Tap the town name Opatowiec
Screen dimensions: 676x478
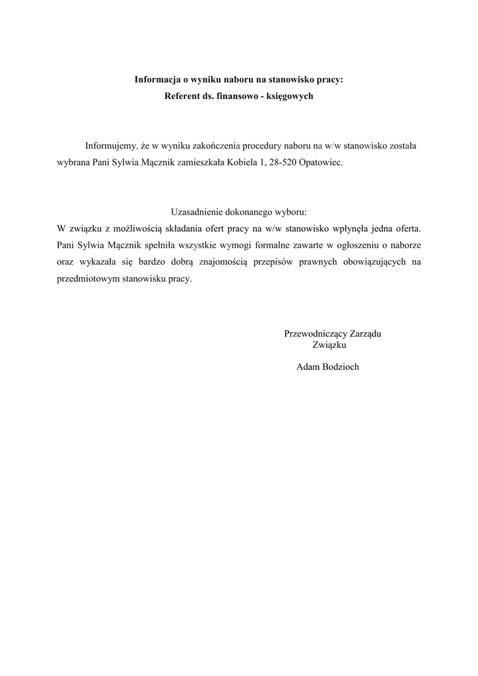click(321, 162)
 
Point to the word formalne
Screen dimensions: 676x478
click(256, 245)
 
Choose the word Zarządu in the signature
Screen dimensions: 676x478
click(364, 333)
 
